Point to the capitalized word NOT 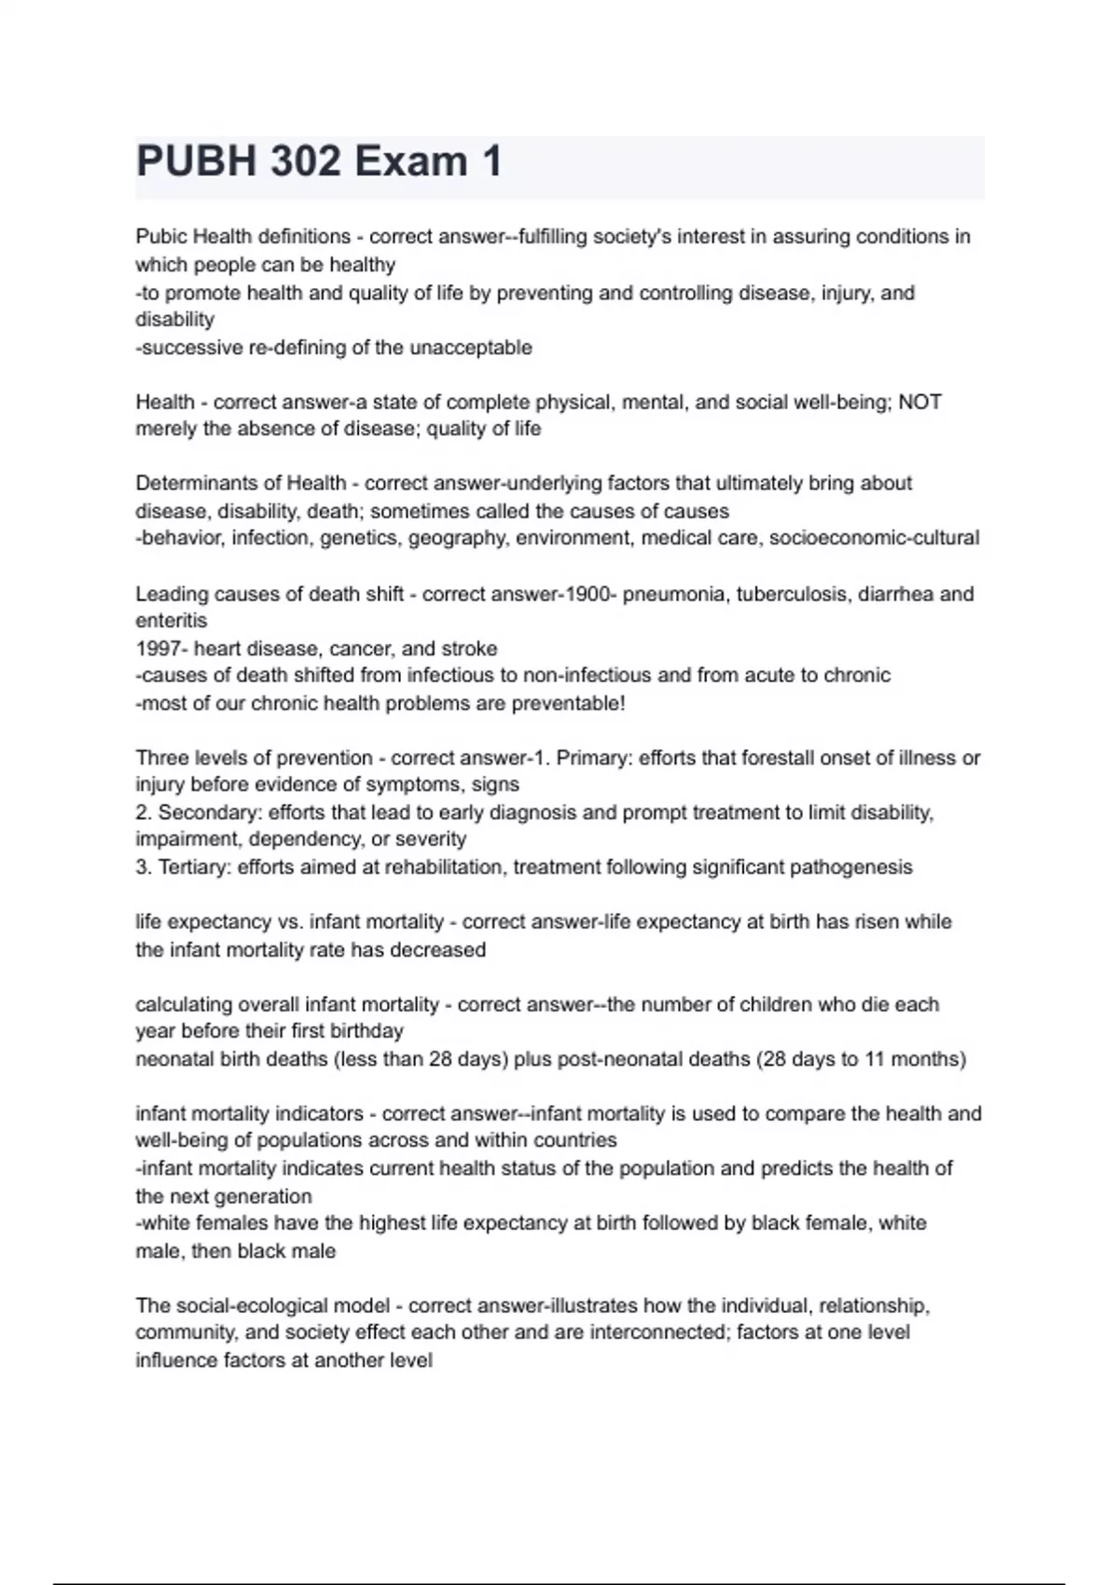pyautogui.click(x=919, y=402)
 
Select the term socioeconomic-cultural pyautogui.click(x=874, y=538)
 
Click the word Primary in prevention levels pyautogui.click(x=594, y=758)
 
